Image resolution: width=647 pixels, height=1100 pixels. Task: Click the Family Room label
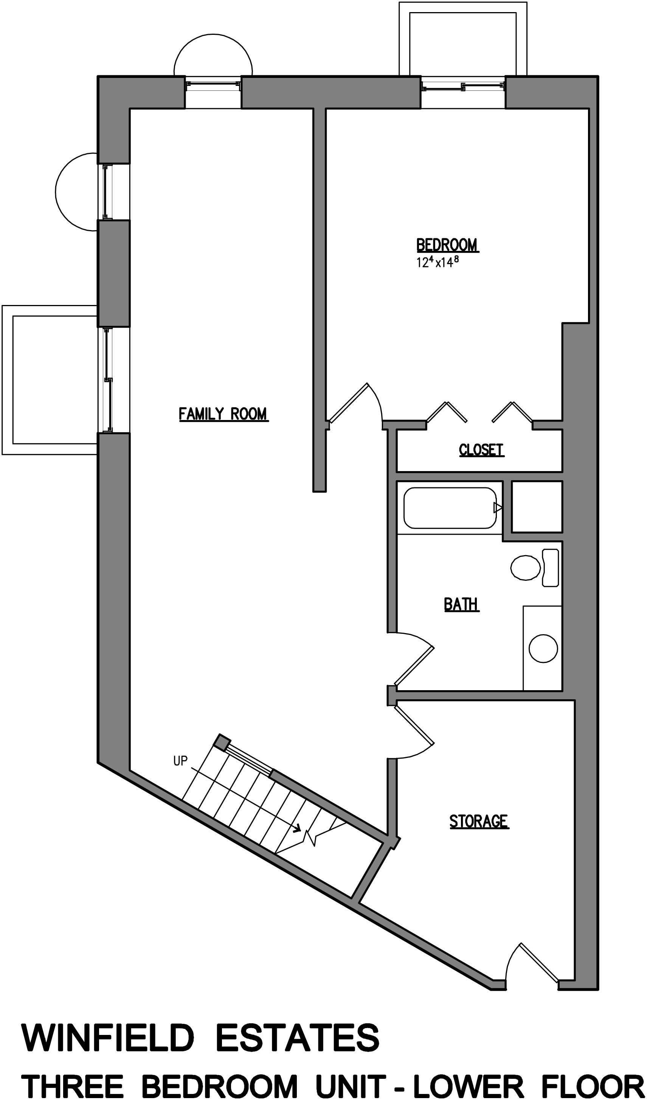[223, 413]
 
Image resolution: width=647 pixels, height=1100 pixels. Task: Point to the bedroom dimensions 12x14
[438, 262]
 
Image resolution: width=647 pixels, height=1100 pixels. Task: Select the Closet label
[481, 450]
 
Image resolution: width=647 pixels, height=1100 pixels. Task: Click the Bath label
[461, 604]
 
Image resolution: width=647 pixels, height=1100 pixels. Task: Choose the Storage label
[479, 821]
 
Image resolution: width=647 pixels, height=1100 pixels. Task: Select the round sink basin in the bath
[543, 648]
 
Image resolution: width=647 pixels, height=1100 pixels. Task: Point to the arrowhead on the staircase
[298, 828]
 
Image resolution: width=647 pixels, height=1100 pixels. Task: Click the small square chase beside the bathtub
[536, 507]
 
